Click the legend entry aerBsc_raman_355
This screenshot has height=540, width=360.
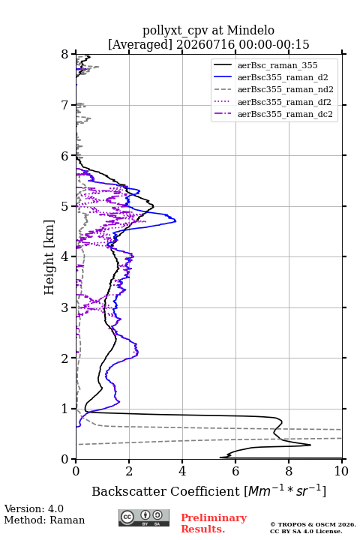[x=277, y=65]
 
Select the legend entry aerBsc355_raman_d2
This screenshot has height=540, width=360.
[x=283, y=77]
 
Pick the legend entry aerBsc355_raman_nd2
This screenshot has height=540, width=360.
[x=285, y=89]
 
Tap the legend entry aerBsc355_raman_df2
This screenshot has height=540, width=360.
[x=284, y=102]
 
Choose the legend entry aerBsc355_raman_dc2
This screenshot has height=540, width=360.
[x=285, y=114]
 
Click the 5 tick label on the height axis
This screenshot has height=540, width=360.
[x=65, y=207]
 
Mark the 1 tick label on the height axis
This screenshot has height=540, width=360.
[x=65, y=409]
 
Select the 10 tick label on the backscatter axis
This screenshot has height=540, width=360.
[x=341, y=471]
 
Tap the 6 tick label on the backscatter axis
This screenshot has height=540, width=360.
[x=235, y=471]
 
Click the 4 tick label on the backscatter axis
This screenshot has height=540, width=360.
[x=182, y=471]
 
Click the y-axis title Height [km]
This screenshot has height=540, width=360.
[x=49, y=257]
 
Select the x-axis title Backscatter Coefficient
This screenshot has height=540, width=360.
[x=166, y=491]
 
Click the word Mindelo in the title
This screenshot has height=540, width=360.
[x=250, y=30]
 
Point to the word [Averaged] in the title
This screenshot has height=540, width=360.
[x=140, y=45]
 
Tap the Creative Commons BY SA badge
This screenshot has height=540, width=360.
[x=144, y=518]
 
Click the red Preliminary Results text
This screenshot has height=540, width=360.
[x=214, y=523]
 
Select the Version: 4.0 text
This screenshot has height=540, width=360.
[x=34, y=509]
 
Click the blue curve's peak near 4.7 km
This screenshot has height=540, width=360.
[x=175, y=220]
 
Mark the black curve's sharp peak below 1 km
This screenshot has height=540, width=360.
[x=310, y=445]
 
